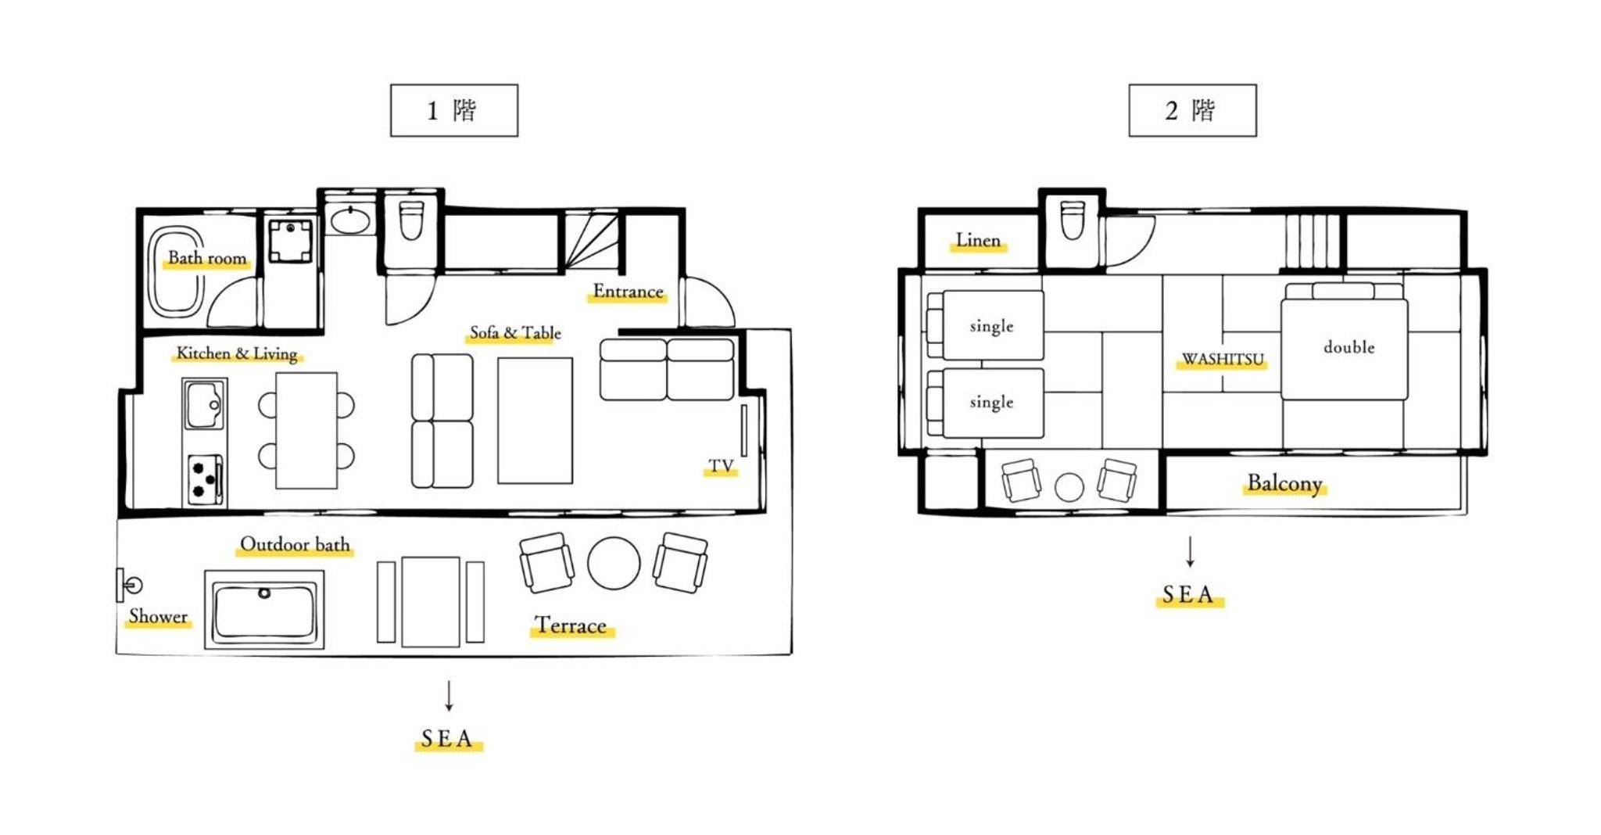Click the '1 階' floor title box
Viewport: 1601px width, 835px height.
pos(453,110)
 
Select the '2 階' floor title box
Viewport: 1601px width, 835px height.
pos(1192,110)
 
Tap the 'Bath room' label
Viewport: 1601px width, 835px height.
pos(207,258)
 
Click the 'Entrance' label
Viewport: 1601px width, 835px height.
pos(628,292)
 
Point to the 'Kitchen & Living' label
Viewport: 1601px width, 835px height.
pos(237,353)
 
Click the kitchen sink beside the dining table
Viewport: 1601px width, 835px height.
pos(205,404)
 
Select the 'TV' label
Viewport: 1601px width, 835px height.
pos(721,467)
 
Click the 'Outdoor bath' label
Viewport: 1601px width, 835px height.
pos(295,544)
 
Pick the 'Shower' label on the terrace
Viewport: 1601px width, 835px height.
pos(158,616)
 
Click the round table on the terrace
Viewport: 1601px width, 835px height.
pos(614,563)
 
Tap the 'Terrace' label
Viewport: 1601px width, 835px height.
pos(571,625)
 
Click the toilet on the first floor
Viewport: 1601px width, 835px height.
pos(411,220)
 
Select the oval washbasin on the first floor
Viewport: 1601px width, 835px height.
pos(350,220)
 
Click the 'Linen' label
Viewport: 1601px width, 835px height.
pos(978,240)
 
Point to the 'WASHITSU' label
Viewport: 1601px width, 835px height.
pos(1223,359)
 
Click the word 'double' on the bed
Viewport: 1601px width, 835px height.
pos(1348,346)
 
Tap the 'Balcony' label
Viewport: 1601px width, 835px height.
pos(1284,483)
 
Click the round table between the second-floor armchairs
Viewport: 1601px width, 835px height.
pos(1069,487)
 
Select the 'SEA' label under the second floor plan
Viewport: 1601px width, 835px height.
pos(1188,595)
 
